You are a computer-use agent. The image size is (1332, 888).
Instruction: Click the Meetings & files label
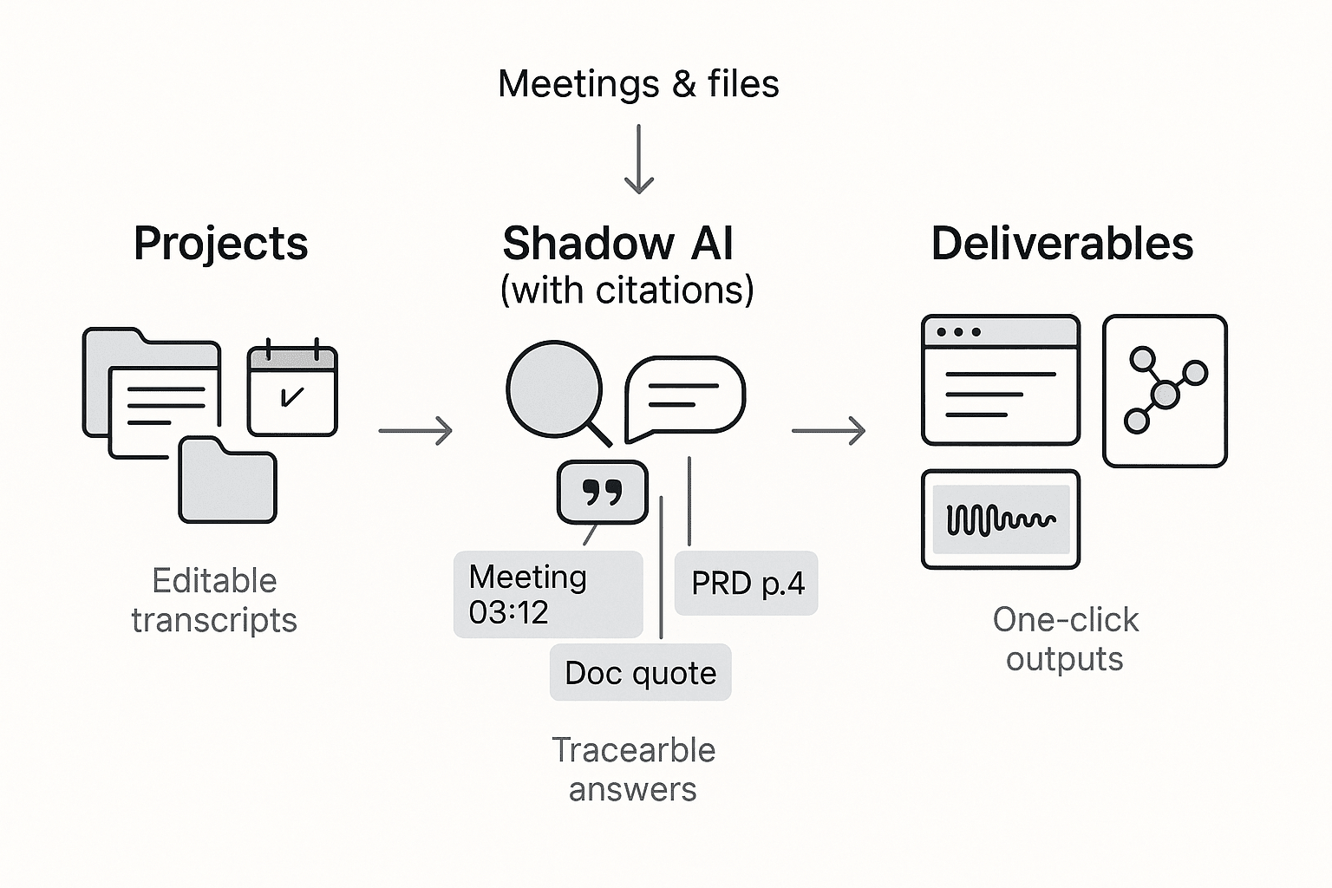[638, 84]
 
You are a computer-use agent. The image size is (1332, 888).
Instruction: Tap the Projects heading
[220, 244]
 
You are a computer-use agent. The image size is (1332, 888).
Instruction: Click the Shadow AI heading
[618, 244]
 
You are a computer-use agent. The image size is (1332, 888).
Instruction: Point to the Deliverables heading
[1061, 244]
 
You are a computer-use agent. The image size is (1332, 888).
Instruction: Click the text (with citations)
[627, 290]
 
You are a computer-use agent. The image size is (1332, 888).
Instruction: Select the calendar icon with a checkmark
[292, 390]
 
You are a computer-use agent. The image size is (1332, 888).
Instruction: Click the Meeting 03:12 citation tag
[547, 595]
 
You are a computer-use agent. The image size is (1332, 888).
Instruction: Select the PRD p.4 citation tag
[747, 584]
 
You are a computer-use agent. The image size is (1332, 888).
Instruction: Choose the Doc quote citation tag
[640, 673]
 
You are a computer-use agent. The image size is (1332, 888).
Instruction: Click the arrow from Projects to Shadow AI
[415, 430]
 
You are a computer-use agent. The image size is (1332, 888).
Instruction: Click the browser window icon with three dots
[1000, 380]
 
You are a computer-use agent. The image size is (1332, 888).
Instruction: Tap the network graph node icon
[1165, 391]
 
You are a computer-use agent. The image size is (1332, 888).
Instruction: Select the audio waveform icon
[1000, 519]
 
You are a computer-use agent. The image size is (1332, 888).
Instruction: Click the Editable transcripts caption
[214, 600]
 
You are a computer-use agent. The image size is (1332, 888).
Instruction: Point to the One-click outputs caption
[1065, 639]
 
